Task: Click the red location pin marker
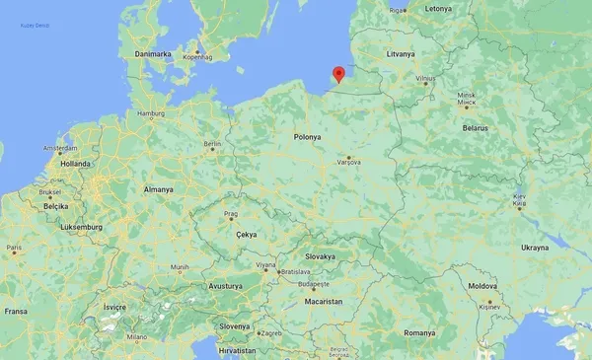tap(338, 74)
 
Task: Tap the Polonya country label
tap(308, 137)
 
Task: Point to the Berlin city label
tap(212, 143)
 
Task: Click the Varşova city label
tap(349, 162)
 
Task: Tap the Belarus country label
tap(478, 128)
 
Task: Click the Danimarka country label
tap(153, 53)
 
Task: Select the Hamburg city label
tap(151, 113)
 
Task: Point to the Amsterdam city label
tap(60, 148)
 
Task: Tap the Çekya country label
tap(248, 234)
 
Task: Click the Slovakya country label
tap(320, 255)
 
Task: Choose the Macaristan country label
tap(323, 301)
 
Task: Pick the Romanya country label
tap(418, 332)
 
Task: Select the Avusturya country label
tap(225, 285)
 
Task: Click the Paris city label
tap(13, 248)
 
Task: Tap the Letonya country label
tap(437, 8)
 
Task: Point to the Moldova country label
tap(482, 285)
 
